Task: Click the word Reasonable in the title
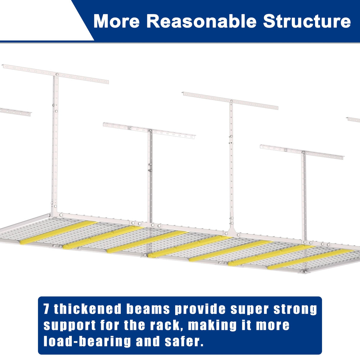(x=201, y=21)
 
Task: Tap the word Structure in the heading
(x=307, y=21)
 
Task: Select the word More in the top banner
(x=116, y=21)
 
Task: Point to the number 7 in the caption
(x=46, y=309)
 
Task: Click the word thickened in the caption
(x=88, y=309)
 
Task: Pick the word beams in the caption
(x=148, y=309)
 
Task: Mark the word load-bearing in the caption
(x=87, y=342)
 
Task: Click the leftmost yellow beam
(x=58, y=232)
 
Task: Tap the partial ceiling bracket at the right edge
(x=353, y=120)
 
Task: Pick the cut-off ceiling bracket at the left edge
(x=15, y=112)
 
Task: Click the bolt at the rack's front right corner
(x=303, y=271)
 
